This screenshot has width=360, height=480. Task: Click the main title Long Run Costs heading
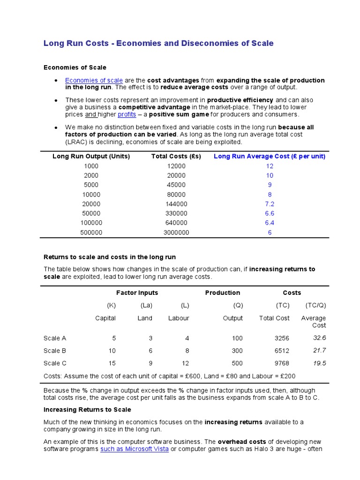158,43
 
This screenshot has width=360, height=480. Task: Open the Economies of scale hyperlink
94,80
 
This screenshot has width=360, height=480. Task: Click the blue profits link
127,114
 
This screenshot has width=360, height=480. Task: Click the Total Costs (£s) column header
176,156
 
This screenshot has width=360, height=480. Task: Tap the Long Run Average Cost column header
269,156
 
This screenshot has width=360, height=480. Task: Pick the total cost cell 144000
176,204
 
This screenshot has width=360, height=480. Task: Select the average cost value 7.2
270,204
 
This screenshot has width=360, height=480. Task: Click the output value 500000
91,232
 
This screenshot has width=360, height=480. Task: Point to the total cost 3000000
176,232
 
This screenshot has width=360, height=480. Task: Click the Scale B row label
55,350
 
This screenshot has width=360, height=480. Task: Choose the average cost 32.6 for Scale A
319,337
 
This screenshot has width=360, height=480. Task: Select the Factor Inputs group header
137,292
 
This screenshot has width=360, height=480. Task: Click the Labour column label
179,318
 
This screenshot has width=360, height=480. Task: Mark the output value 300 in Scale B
237,350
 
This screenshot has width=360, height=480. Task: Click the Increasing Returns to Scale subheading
87,410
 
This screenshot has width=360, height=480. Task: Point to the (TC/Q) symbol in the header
315,305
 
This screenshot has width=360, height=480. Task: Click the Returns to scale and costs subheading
110,257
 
